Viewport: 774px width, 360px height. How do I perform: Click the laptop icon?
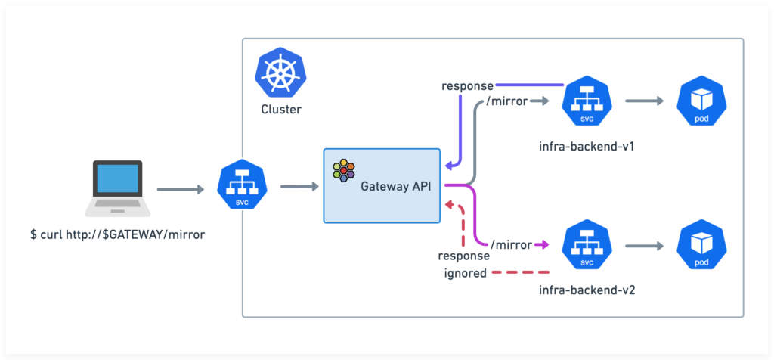tap(117, 188)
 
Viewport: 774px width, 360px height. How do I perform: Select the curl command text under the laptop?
tap(117, 234)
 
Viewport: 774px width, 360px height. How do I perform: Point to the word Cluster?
tap(281, 109)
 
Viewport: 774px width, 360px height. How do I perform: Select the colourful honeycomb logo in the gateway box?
tap(344, 170)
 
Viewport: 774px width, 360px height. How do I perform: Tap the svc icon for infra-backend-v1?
tap(587, 101)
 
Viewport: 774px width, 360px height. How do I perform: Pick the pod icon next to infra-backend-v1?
tap(702, 101)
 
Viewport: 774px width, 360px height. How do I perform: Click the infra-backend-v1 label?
tap(587, 146)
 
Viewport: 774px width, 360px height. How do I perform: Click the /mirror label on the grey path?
tap(507, 101)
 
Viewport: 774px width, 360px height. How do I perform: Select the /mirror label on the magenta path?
tap(512, 244)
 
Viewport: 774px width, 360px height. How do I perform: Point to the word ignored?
tap(466, 272)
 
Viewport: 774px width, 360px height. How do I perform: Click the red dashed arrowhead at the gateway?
tap(448, 204)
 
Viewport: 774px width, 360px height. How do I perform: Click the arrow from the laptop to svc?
tap(181, 188)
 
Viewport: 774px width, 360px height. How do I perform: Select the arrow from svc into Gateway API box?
tap(299, 187)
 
